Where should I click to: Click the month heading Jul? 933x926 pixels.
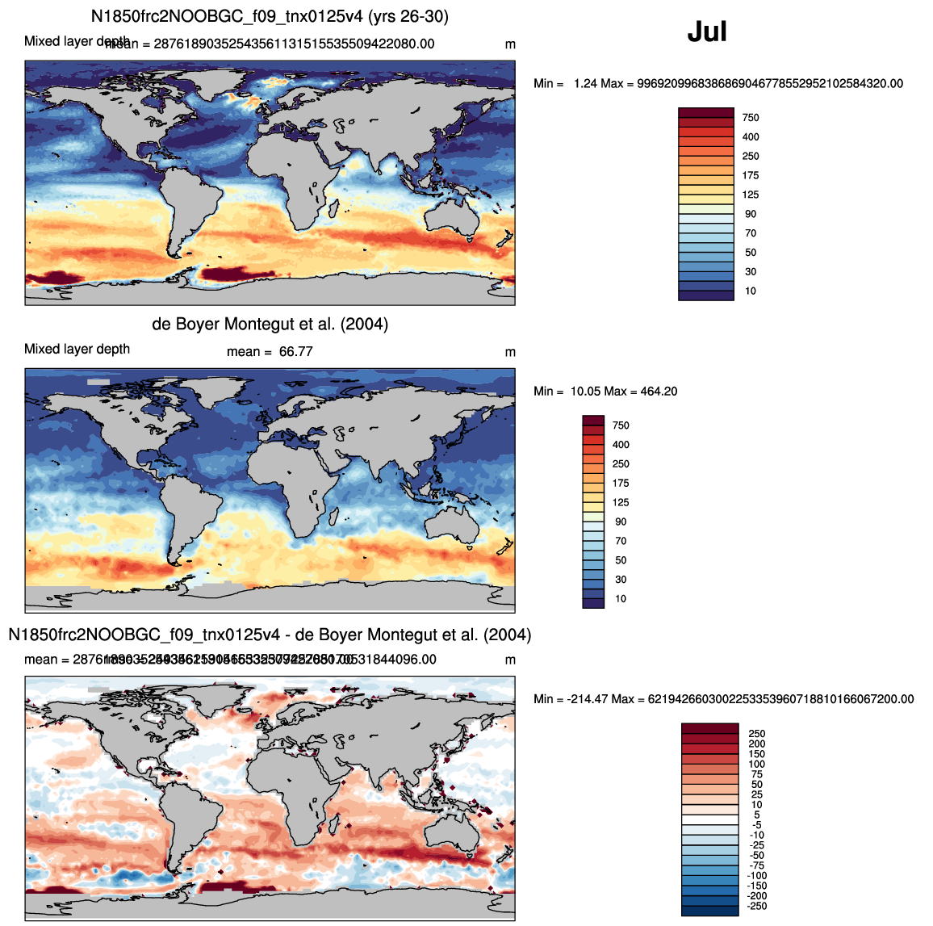[x=707, y=31]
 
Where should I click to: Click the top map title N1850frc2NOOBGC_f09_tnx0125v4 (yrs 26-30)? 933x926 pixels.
[x=270, y=16]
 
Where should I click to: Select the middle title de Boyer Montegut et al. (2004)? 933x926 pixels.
[x=270, y=325]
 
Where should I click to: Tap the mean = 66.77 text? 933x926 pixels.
[x=270, y=352]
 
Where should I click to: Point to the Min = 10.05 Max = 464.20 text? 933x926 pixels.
[x=605, y=392]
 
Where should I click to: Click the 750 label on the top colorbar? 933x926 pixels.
[x=751, y=118]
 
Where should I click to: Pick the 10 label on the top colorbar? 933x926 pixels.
[x=751, y=291]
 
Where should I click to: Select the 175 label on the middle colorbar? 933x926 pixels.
[x=621, y=484]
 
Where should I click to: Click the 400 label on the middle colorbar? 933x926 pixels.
[x=621, y=445]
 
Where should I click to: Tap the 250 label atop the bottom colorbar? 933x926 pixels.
[x=757, y=734]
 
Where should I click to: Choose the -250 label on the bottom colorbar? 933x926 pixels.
[x=755, y=907]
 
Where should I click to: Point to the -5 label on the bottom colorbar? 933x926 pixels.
[x=757, y=825]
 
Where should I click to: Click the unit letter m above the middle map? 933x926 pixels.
[x=510, y=353]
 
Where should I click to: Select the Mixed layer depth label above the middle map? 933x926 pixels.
[x=77, y=350]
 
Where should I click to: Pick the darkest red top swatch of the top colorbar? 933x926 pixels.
[x=706, y=113]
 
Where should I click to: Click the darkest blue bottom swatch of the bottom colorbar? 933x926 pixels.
[x=710, y=911]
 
